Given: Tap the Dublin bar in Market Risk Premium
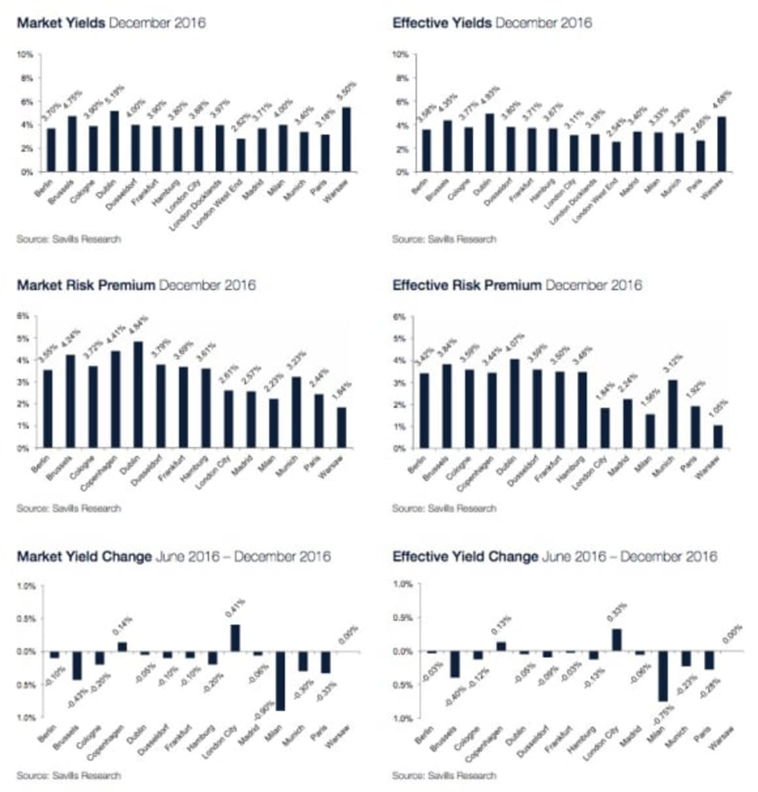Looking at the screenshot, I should click(x=137, y=395).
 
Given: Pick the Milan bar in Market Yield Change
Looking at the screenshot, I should click(x=280, y=681).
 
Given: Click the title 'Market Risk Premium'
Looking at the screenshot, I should click(x=86, y=285).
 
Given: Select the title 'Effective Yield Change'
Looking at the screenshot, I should click(x=465, y=557).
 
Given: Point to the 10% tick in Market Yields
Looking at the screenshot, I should click(x=27, y=54).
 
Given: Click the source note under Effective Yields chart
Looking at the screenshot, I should click(x=444, y=239).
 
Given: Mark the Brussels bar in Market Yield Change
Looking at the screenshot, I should click(x=77, y=665).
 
